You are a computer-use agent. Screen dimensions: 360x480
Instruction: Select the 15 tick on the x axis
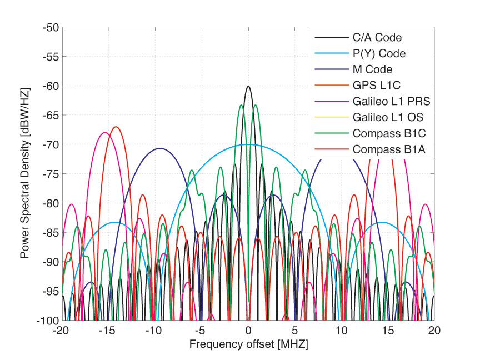pyautogui.click(x=387, y=329)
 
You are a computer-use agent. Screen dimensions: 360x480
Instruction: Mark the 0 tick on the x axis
pyautogui.click(x=248, y=329)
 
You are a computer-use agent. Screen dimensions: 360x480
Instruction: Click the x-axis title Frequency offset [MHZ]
pyautogui.click(x=248, y=344)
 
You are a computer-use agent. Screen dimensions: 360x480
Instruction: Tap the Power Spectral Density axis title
pyautogui.click(x=25, y=174)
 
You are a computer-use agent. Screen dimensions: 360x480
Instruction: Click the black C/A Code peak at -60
pyautogui.click(x=248, y=87)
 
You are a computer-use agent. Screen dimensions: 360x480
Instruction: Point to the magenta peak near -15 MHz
pyautogui.click(x=104, y=133)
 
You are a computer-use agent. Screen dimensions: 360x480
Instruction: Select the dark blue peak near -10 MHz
pyautogui.click(x=160, y=148)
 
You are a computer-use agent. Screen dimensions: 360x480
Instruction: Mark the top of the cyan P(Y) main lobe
pyautogui.click(x=248, y=144)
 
